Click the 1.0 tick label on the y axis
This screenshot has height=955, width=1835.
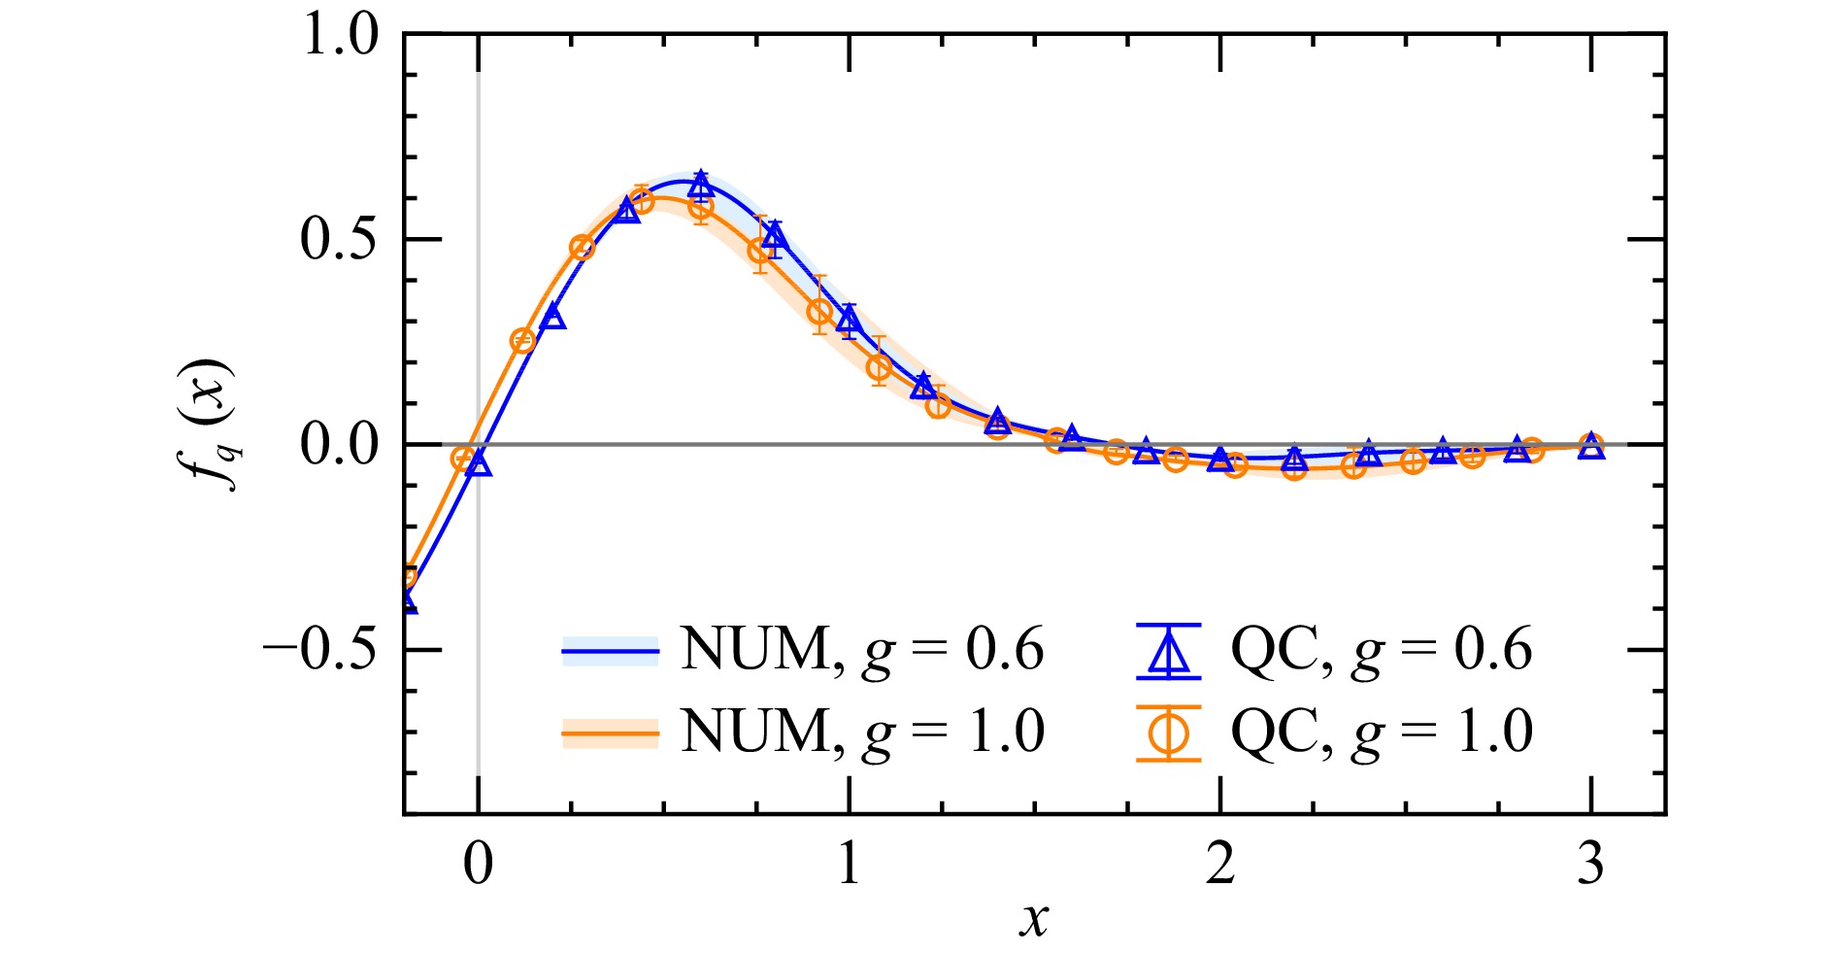click(339, 36)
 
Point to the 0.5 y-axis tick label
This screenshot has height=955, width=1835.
click(339, 239)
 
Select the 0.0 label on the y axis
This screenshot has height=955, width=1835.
click(339, 445)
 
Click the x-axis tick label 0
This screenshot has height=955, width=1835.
click(478, 863)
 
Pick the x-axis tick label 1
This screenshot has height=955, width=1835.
click(850, 863)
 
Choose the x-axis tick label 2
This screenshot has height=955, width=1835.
click(1220, 863)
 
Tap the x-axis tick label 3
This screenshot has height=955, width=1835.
click(1590, 863)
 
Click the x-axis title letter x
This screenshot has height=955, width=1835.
click(1035, 917)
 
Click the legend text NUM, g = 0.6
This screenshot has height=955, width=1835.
click(862, 649)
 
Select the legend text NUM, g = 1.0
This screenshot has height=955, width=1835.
click(862, 732)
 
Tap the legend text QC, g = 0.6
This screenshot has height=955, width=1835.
click(1382, 649)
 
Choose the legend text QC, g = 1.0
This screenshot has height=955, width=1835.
click(1382, 732)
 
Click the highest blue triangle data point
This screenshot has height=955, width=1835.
click(701, 184)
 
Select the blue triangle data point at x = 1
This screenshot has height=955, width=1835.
click(850, 319)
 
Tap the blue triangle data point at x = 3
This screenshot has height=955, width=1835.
click(1590, 446)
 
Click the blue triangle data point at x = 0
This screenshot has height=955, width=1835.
click(479, 462)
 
